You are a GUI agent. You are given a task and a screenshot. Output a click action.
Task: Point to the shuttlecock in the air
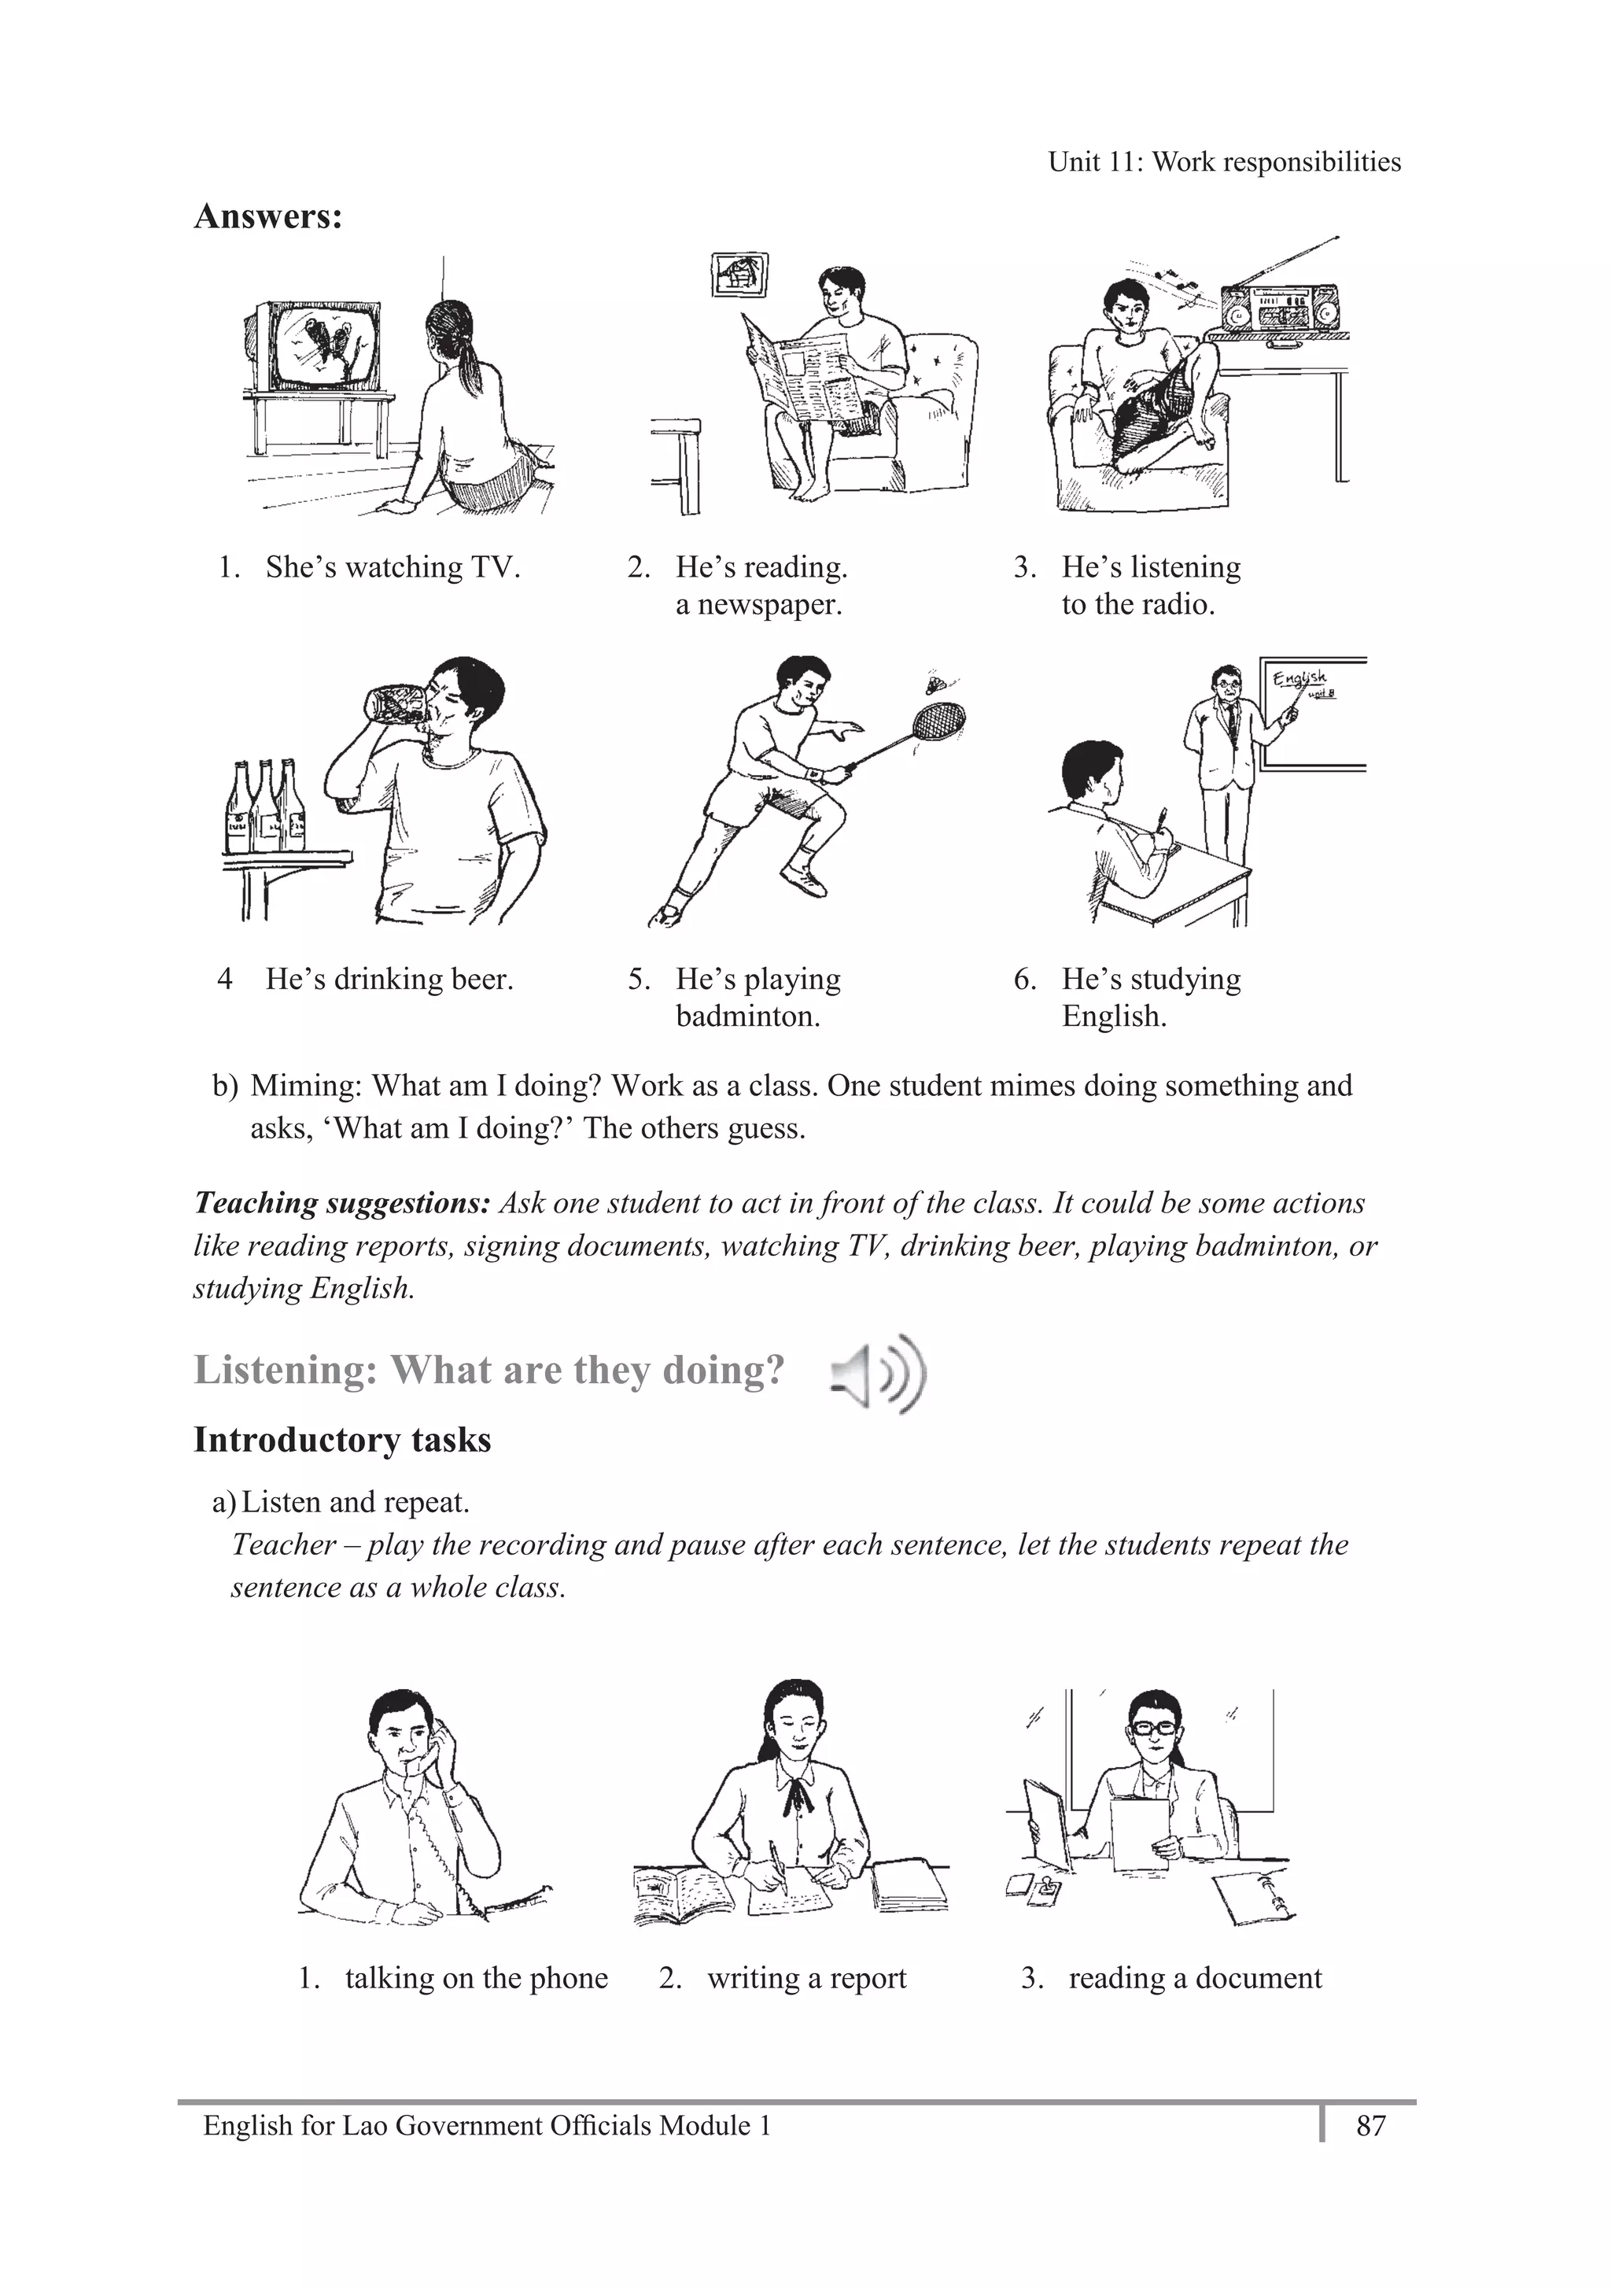pyautogui.click(x=935, y=684)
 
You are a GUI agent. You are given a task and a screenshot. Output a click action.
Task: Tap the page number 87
pyautogui.click(x=1371, y=2127)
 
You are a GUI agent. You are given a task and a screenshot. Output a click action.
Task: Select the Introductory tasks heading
pyautogui.click(x=341, y=1440)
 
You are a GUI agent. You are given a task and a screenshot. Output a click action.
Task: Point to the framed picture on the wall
pyautogui.click(x=739, y=274)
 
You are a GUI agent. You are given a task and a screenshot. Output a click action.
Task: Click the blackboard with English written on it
pyautogui.click(x=1313, y=715)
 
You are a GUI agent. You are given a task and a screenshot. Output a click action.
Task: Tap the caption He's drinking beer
pyautogui.click(x=389, y=980)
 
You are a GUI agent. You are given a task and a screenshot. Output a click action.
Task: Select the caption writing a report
pyautogui.click(x=806, y=1978)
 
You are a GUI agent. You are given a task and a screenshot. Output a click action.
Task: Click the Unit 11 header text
pyautogui.click(x=1223, y=161)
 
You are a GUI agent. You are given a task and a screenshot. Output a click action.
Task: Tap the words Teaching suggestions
pyautogui.click(x=341, y=1203)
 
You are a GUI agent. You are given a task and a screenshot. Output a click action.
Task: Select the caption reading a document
pyautogui.click(x=1195, y=1978)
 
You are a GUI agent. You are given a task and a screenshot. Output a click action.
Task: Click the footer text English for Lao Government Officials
pyautogui.click(x=486, y=2127)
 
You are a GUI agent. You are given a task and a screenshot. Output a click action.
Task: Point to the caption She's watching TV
pyautogui.click(x=393, y=567)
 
